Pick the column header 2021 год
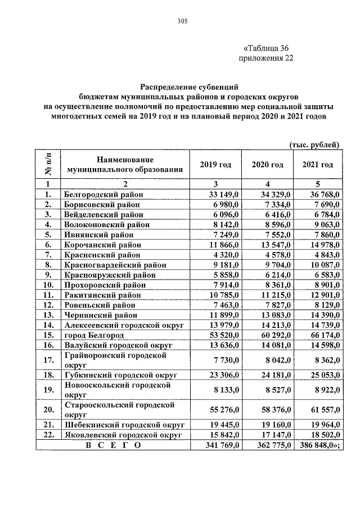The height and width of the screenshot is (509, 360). pyautogui.click(x=317, y=164)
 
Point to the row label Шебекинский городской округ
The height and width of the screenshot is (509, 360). pyautogui.click(x=125, y=425)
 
